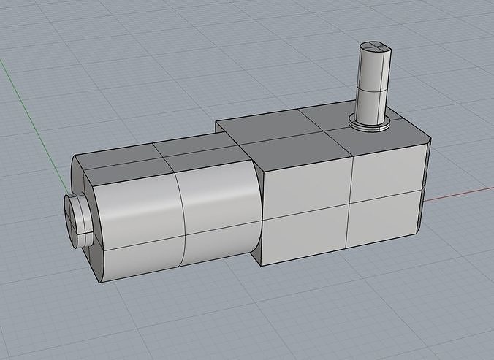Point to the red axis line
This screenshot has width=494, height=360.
tap(460, 194)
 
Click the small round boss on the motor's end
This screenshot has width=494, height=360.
tap(75, 218)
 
